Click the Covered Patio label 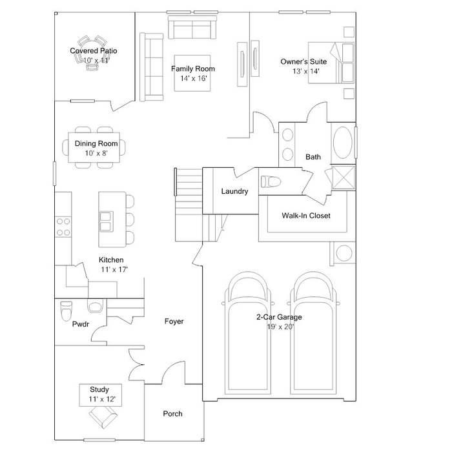point(94,50)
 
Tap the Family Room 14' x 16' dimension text point(193,78)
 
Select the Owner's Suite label point(303,61)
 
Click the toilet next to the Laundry point(271,181)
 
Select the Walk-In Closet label point(305,216)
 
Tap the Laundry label point(234,191)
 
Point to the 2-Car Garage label point(279,317)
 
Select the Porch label point(172,414)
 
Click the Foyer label point(174,321)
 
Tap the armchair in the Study point(100,418)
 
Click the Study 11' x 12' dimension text point(99,400)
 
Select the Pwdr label point(80,325)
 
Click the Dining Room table point(96,147)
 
